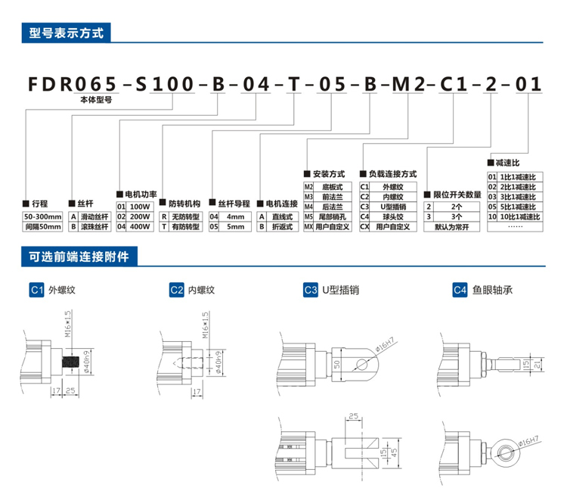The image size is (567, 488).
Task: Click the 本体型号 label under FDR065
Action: tap(96, 100)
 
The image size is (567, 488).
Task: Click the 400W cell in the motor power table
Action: tap(141, 225)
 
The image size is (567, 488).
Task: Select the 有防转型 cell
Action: tap(185, 225)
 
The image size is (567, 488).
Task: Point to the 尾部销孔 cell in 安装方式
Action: tap(333, 216)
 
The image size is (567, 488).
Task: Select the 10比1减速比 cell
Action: tap(517, 216)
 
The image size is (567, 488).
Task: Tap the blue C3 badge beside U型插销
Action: tap(310, 289)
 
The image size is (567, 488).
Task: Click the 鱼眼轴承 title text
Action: tap(494, 289)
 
